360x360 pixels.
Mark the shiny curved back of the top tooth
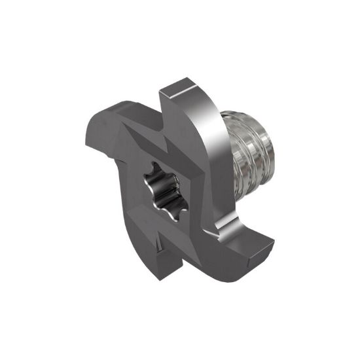coord(210,124)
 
